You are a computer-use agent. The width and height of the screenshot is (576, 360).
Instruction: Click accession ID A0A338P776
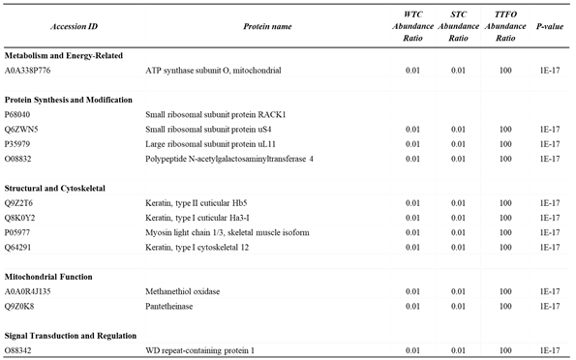[33, 72]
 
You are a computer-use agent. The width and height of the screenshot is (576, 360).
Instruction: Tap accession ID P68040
[20, 114]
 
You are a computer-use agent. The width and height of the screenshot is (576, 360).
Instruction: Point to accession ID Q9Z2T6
[21, 202]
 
